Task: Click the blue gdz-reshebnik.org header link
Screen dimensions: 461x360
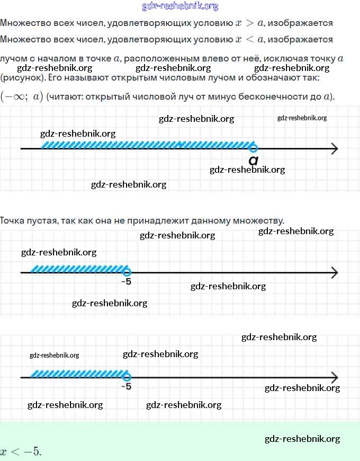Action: coord(180,6)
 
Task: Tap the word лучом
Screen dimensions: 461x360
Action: coord(14,59)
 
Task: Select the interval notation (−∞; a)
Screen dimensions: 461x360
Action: coord(22,96)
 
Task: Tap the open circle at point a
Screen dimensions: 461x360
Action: coord(254,148)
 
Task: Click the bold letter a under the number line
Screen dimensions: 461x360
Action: coord(254,160)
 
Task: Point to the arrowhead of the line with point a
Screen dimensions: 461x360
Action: coord(334,148)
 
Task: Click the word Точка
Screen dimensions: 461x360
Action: coord(12,220)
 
